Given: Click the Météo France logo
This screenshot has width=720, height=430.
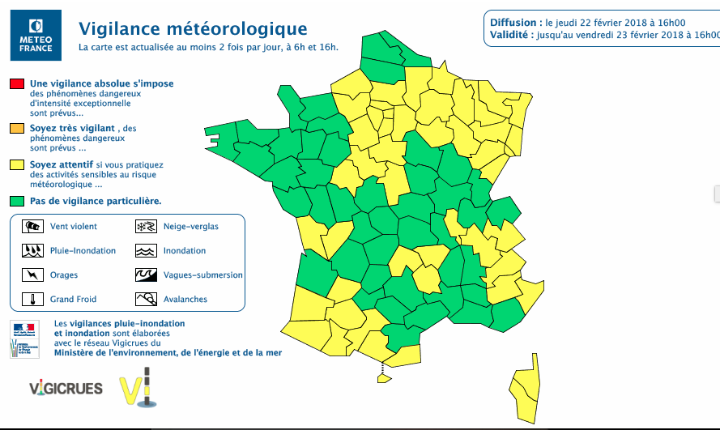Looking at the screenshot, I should point(36,36).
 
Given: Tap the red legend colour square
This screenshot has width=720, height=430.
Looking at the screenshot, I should point(16,83).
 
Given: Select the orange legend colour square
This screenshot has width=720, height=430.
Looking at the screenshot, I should point(16,128).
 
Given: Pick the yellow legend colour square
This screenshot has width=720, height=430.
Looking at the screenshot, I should point(16,165).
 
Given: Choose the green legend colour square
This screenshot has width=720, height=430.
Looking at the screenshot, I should point(16,200).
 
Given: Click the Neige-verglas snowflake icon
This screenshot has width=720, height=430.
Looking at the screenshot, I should point(146,226).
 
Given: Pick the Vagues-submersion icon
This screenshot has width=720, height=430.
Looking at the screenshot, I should point(146,275).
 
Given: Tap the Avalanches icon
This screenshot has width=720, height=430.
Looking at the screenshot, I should point(146,299).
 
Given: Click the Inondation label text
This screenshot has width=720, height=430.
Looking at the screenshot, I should point(185,251).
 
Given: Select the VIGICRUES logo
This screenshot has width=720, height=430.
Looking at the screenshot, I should point(66,388).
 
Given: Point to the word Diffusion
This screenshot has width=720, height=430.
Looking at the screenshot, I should point(514,22).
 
